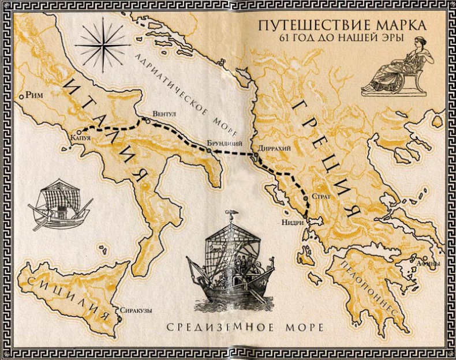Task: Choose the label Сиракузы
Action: click(x=136, y=310)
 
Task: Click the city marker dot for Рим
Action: click(x=21, y=96)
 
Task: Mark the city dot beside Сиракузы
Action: click(x=117, y=310)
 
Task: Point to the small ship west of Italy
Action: click(x=60, y=205)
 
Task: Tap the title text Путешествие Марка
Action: click(x=342, y=27)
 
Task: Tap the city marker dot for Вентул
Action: click(x=147, y=121)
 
